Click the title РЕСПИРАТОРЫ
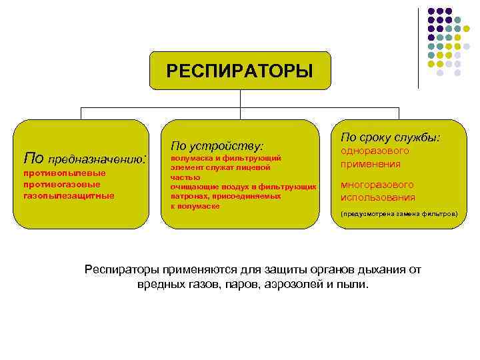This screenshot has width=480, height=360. [239, 71]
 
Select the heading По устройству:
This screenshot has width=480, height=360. [217, 145]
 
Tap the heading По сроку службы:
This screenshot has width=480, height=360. [390, 137]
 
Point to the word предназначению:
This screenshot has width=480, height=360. [98, 159]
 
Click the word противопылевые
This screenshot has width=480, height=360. [64, 173]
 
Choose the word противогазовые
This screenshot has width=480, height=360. [61, 184]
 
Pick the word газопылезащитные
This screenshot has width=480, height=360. [68, 195]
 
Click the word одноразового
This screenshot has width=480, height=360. [375, 151]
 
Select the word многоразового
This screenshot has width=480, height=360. [377, 185]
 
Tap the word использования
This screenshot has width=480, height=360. [377, 197]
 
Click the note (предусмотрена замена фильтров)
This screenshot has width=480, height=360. [399, 215]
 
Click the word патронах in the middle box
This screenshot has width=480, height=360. [189, 197]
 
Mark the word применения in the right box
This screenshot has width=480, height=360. [371, 164]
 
